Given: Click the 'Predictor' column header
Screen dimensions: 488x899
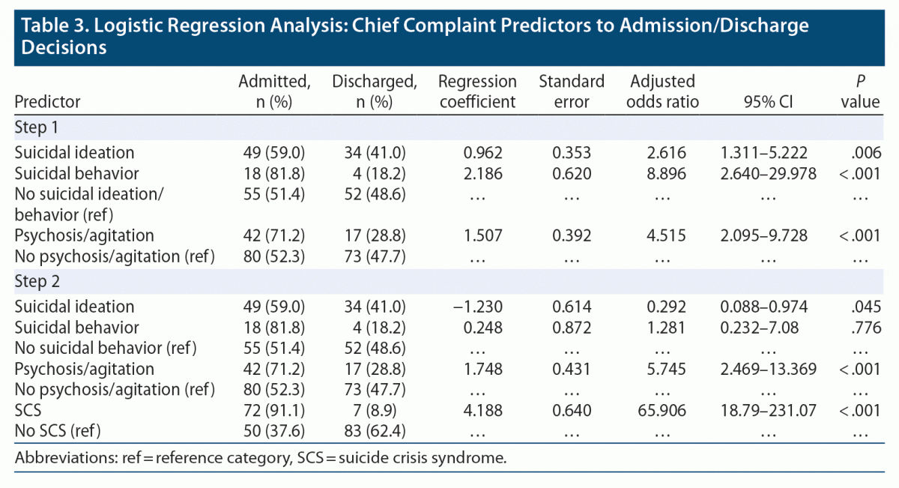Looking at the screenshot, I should click(x=47, y=101).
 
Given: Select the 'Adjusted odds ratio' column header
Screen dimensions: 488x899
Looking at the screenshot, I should click(x=663, y=91).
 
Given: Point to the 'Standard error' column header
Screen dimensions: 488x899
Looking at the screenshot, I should click(x=571, y=91).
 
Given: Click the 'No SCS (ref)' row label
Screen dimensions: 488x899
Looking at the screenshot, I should click(x=58, y=431).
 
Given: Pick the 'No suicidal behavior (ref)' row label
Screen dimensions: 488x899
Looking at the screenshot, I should click(x=106, y=348).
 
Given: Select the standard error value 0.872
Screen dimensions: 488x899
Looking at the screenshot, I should click(x=572, y=328).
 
